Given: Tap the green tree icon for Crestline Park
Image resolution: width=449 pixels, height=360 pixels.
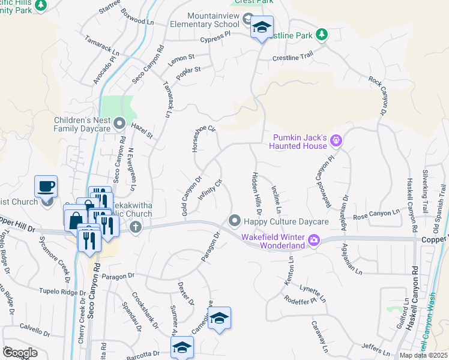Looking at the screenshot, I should [x=322, y=35].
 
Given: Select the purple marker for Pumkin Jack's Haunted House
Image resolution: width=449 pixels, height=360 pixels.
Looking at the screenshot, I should [x=336, y=141].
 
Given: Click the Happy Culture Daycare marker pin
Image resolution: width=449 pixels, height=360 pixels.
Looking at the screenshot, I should [x=235, y=221].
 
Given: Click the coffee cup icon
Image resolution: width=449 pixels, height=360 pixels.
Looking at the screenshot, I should [x=46, y=185].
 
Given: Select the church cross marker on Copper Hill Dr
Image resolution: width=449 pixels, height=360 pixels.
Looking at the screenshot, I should [x=136, y=227].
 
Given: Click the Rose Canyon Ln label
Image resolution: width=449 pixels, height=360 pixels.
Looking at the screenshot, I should [x=376, y=214].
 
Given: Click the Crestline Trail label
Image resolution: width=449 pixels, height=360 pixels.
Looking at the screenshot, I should [x=293, y=57].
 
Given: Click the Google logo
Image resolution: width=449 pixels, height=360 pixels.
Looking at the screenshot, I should [x=20, y=352].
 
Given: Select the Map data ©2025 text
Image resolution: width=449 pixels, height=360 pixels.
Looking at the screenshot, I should [x=423, y=355].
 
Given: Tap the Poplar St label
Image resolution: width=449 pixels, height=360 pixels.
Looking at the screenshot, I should [x=187, y=74].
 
